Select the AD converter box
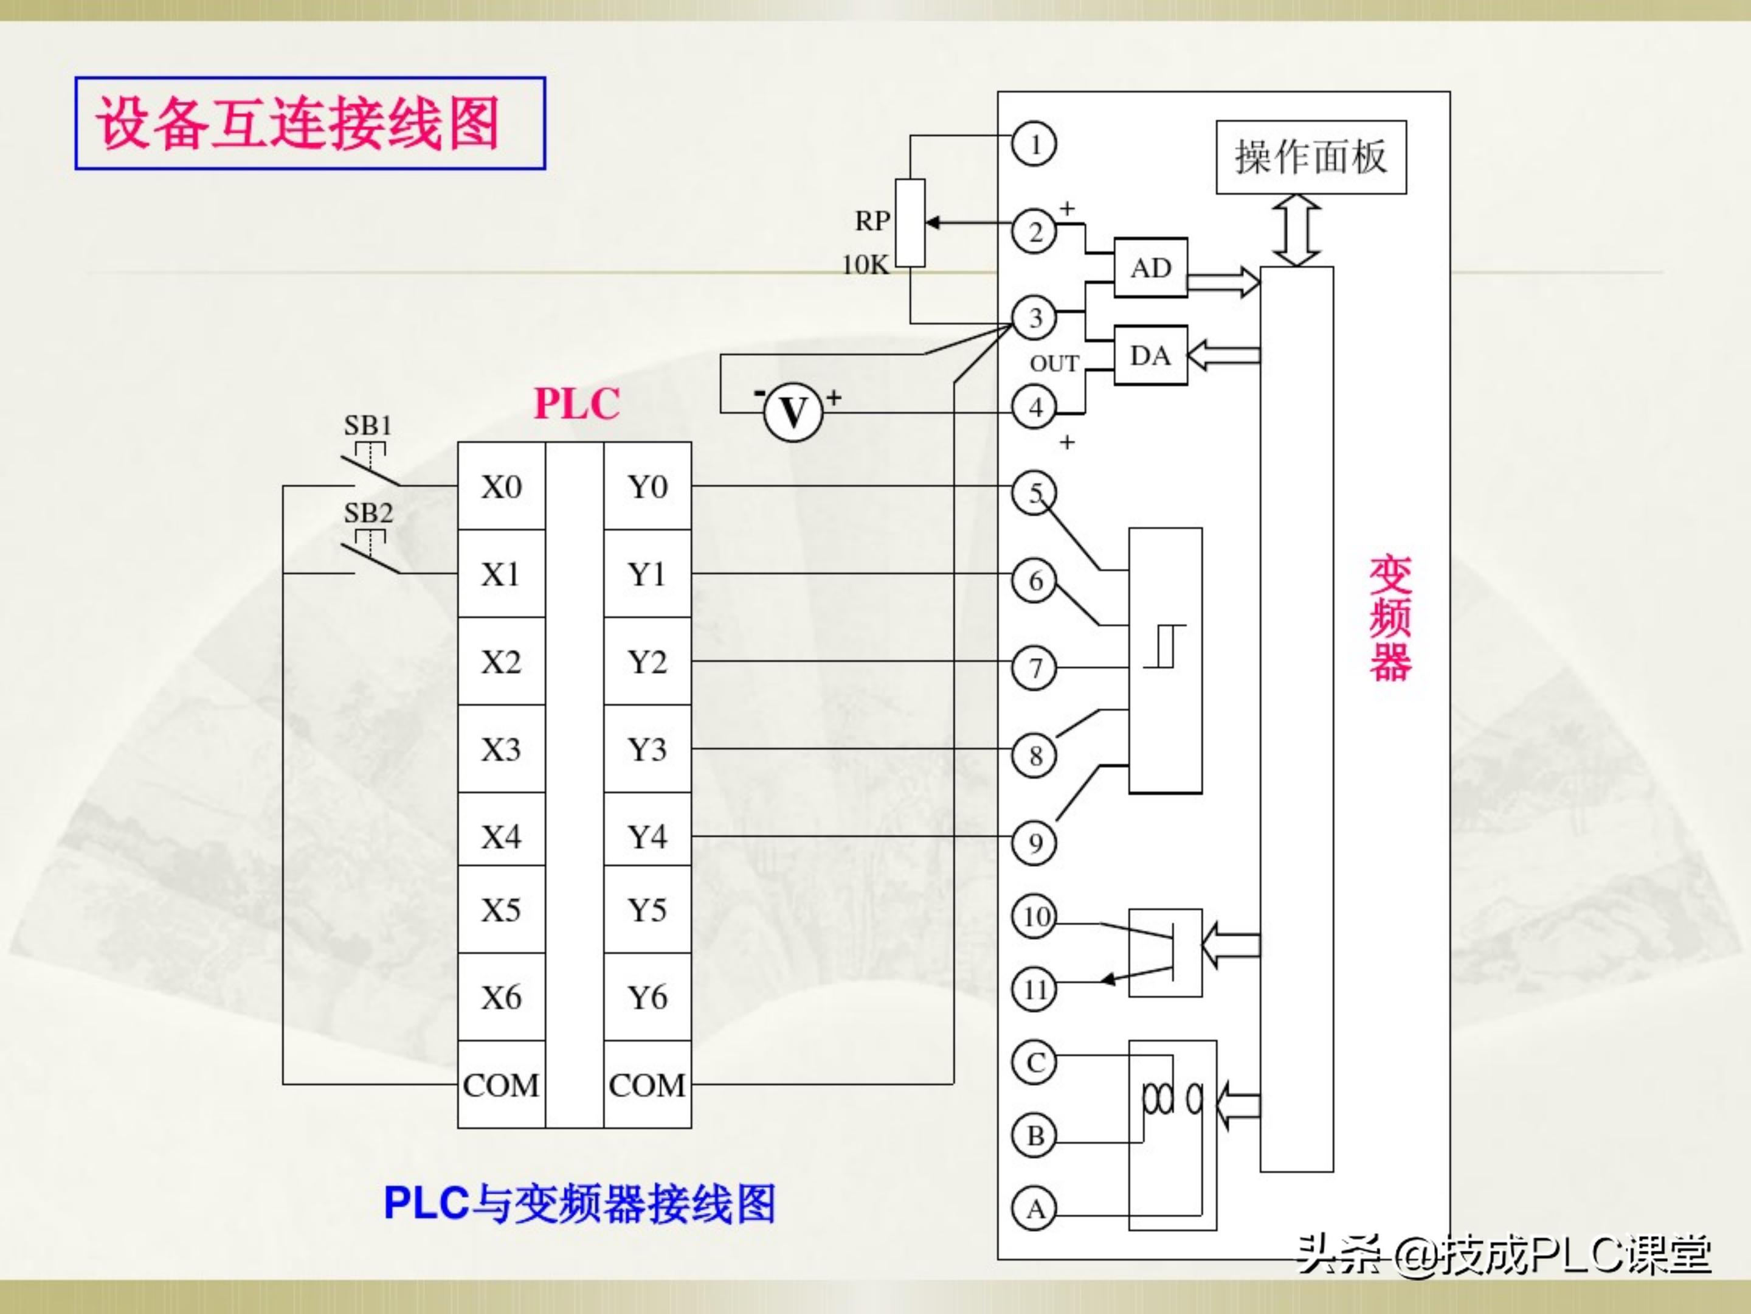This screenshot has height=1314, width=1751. [x=1150, y=268]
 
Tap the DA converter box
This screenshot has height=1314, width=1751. [x=1150, y=356]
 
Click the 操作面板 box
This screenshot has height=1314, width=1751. [x=1311, y=157]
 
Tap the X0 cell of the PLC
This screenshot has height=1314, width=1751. [x=501, y=486]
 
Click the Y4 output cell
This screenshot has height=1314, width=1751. [x=648, y=836]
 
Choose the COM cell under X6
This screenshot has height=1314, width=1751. [x=501, y=1084]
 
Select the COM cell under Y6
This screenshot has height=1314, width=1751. [x=648, y=1084]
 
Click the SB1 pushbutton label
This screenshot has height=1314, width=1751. [x=368, y=425]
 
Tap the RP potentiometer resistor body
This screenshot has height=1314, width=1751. [x=910, y=223]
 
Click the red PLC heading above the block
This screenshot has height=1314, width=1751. [x=576, y=403]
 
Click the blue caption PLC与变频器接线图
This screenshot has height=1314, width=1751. [x=579, y=1203]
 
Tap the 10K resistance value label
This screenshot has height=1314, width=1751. [x=865, y=264]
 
